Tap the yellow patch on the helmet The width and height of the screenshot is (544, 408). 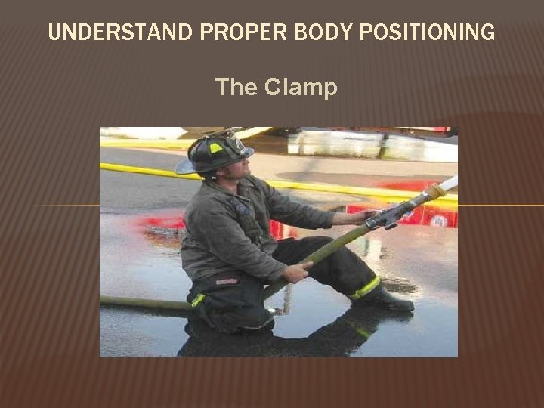coord(216,148)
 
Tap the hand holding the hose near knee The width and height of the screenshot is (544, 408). coord(295,270)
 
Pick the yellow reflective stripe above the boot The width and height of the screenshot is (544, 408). coord(365,288)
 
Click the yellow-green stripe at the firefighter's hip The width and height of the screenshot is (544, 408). coord(198,300)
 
